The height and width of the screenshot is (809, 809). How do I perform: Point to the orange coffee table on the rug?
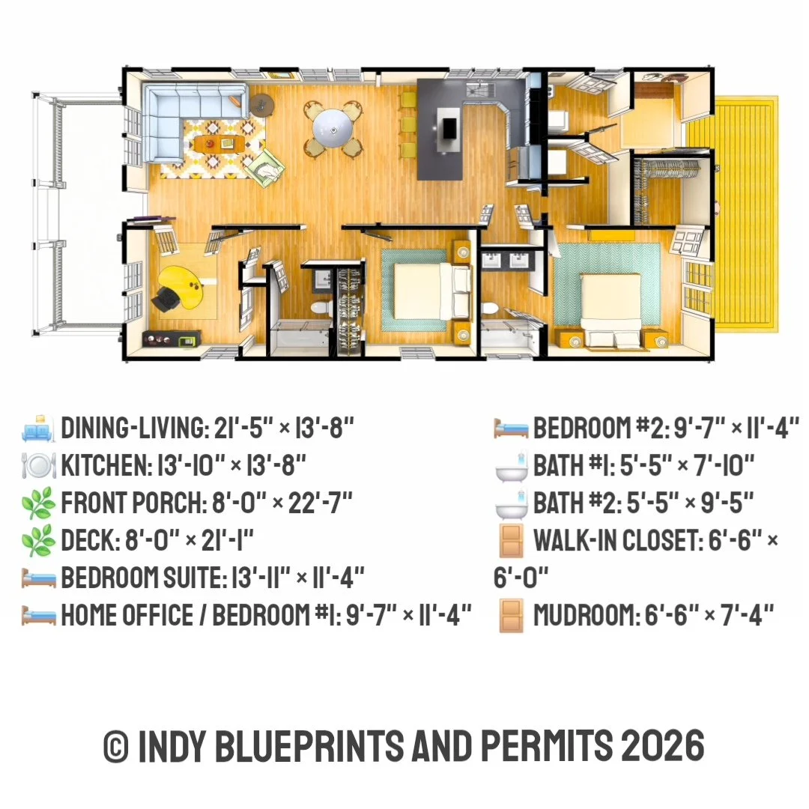coord(219,144)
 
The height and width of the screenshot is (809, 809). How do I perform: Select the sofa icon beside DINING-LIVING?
coord(37,428)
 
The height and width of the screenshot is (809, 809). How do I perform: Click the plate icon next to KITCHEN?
coord(37,465)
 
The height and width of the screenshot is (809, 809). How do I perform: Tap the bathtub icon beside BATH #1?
coord(511,465)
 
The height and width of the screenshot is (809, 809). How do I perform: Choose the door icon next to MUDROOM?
coord(512,615)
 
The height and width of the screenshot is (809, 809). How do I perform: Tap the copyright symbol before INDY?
coord(116,746)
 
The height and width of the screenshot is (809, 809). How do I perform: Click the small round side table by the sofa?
coord(262,106)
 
